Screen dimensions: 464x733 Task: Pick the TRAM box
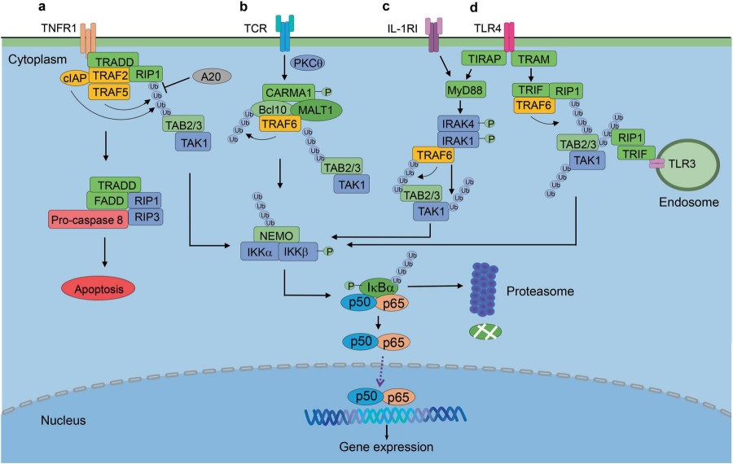(x=534, y=59)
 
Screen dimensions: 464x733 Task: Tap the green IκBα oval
(x=382, y=286)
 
